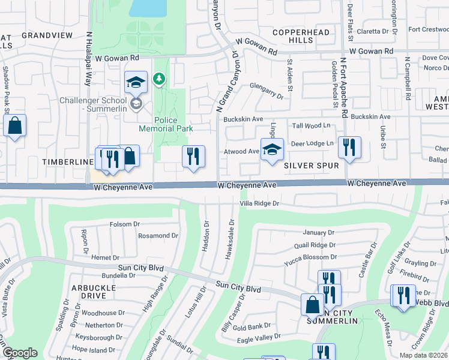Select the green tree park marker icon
click(159, 79)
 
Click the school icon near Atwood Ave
click(272, 149)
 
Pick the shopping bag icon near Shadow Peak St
click(14, 125)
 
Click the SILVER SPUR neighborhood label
click(312, 165)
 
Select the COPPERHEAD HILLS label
click(294, 36)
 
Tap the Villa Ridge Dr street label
click(260, 203)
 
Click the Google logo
click(20, 352)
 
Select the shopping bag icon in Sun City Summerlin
click(313, 304)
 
